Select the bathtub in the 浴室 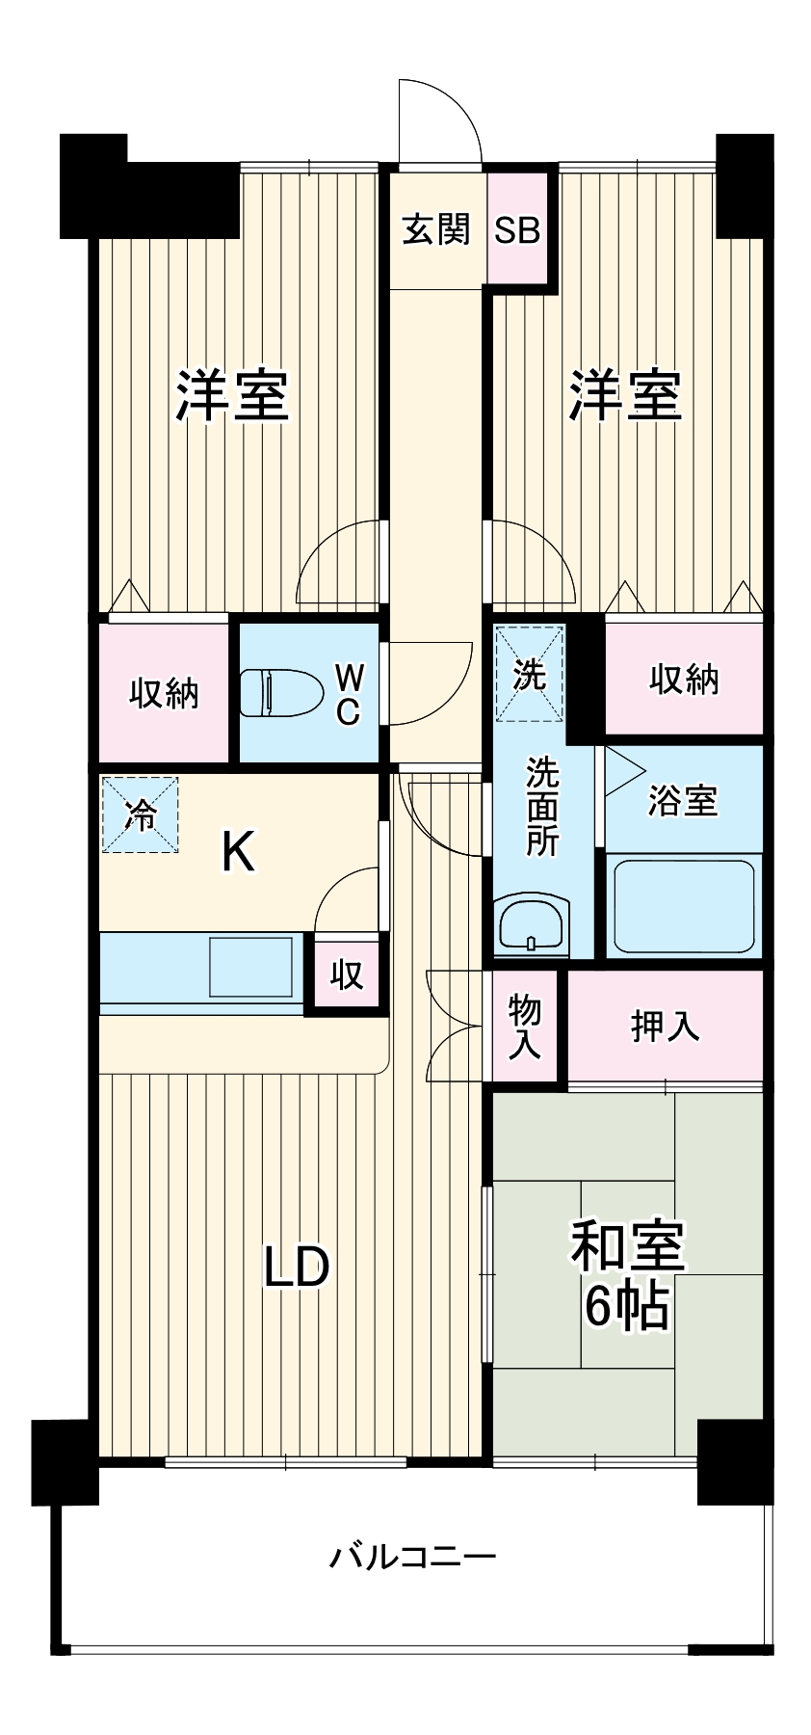(x=684, y=906)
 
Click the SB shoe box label (x=517, y=230)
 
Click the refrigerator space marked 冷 (x=141, y=815)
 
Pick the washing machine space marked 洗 (x=529, y=674)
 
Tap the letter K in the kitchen (x=238, y=852)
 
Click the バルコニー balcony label (x=413, y=1557)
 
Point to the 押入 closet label (x=665, y=1027)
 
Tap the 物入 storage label (x=526, y=1028)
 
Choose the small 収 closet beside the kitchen (x=346, y=974)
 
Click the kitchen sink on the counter (x=251, y=967)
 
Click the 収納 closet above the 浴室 (x=683, y=680)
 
